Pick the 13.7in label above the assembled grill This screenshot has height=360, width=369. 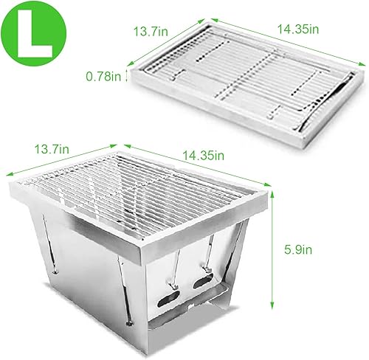click(51, 150)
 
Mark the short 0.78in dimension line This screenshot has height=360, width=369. click(130, 75)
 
